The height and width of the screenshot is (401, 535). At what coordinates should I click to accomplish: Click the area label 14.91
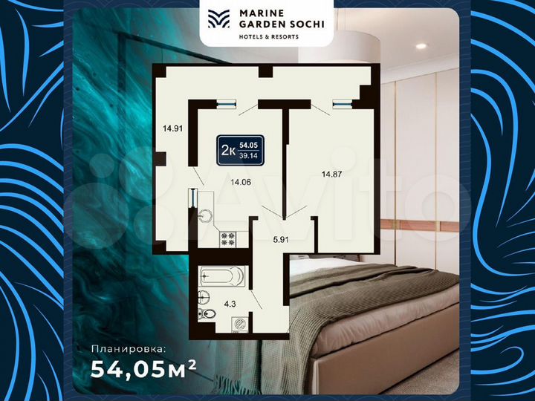coord(172,127)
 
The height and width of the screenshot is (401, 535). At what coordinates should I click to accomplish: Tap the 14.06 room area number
coord(241,181)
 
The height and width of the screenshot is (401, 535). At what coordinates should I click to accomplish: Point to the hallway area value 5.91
coord(282,239)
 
